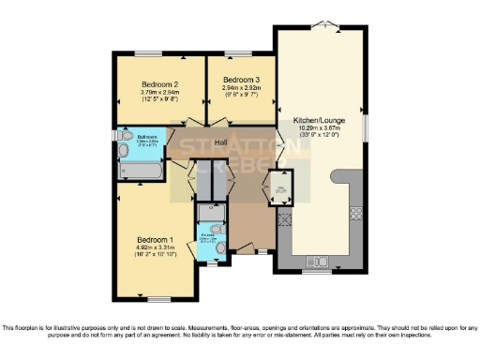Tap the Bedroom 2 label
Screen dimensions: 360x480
[x=159, y=82]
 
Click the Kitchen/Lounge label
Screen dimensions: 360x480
[x=318, y=121]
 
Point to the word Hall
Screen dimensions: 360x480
[x=221, y=142]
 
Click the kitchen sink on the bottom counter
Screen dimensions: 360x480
[x=316, y=260]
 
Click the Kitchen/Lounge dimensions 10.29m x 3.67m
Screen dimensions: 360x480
[x=318, y=131]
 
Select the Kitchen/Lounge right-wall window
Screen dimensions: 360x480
[x=367, y=128]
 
